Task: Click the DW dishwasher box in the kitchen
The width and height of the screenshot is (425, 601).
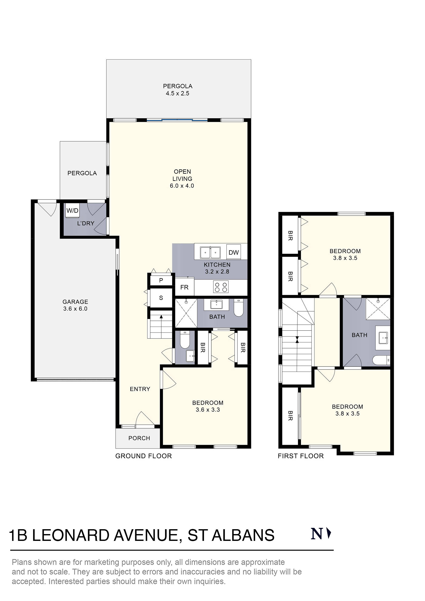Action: point(233,252)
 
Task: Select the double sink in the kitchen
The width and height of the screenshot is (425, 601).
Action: point(210,253)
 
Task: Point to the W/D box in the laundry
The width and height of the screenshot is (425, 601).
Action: point(72,211)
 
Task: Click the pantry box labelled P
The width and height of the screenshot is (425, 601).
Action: point(161,280)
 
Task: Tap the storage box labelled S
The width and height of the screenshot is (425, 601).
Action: point(161,298)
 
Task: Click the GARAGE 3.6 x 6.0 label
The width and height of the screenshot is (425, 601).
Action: point(75,305)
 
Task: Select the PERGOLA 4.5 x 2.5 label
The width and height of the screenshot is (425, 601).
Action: point(177,89)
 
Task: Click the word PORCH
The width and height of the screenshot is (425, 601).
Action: point(139,438)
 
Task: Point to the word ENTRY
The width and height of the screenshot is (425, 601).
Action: point(140,389)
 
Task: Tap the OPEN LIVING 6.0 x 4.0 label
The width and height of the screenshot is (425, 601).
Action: point(182,178)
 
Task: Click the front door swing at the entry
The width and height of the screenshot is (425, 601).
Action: point(144,419)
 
